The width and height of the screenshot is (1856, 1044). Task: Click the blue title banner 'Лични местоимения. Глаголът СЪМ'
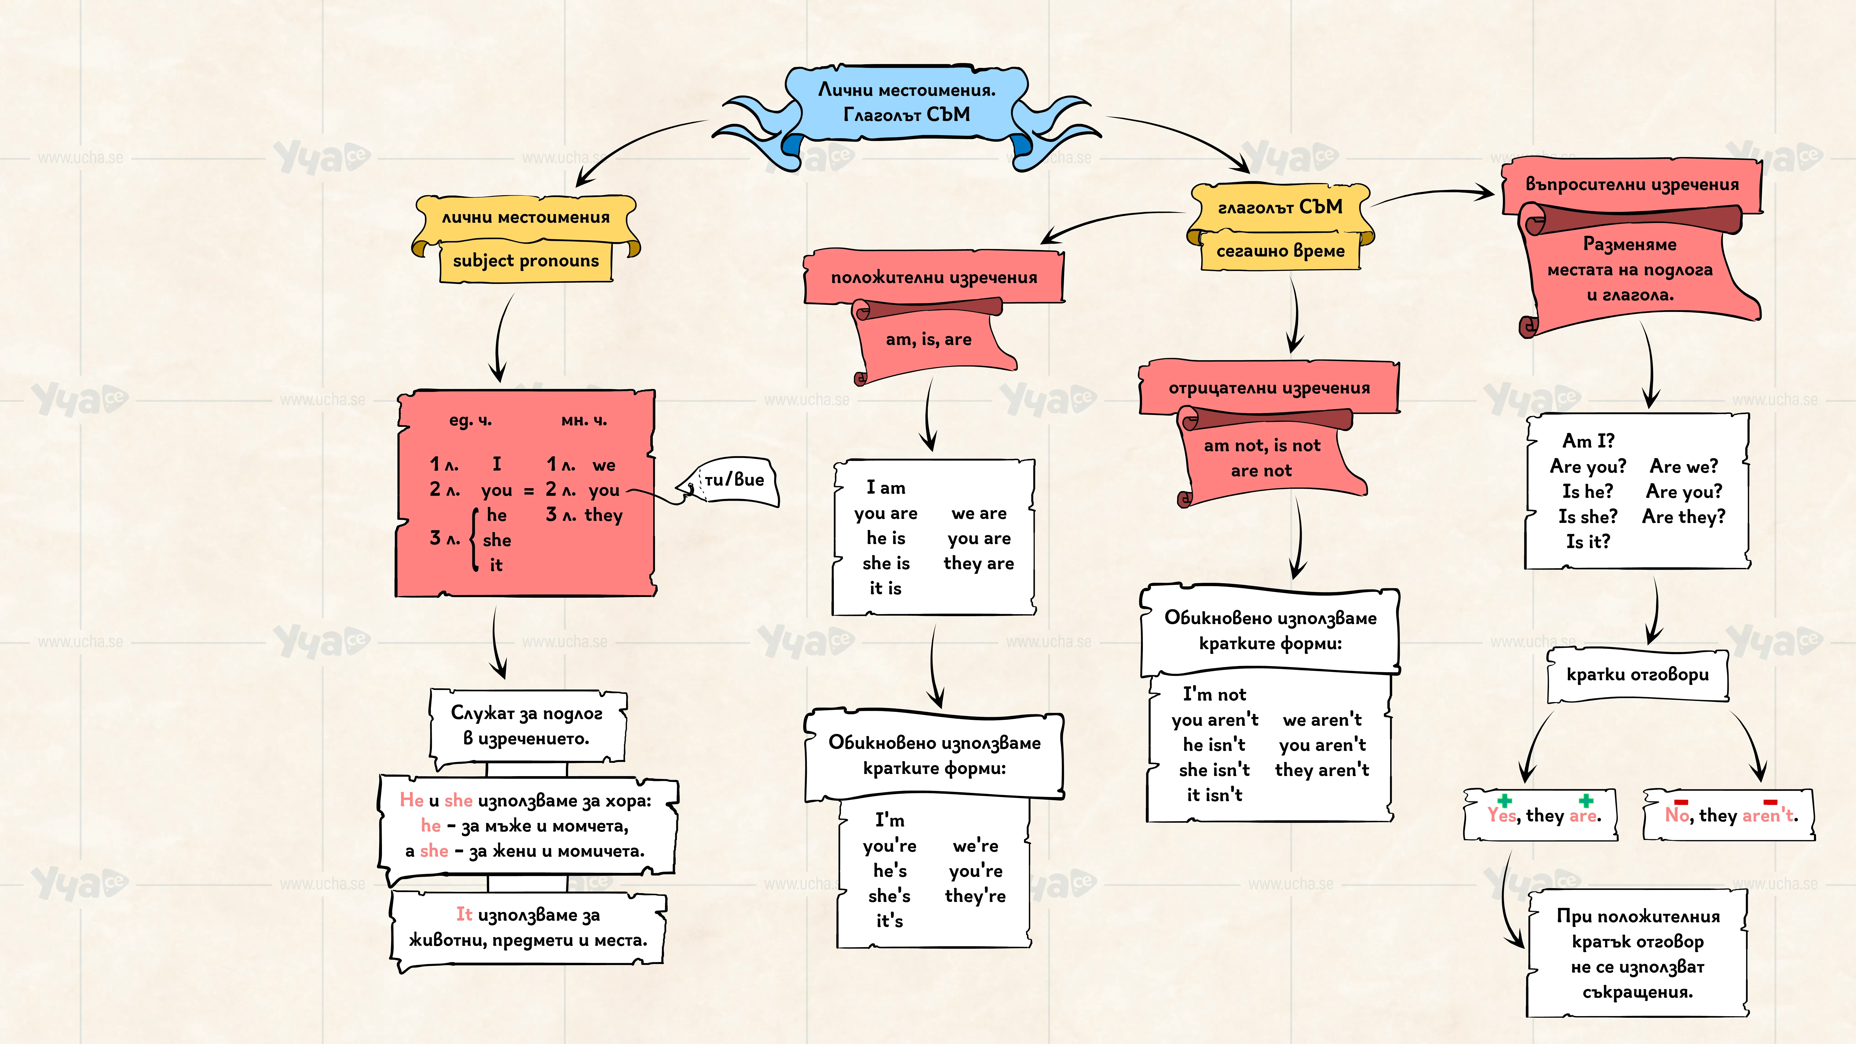click(x=906, y=102)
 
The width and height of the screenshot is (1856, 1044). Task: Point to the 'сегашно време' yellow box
click(x=1280, y=251)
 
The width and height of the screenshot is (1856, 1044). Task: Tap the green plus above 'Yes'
click(x=1504, y=800)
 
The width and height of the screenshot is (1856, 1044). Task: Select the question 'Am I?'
click(x=1588, y=440)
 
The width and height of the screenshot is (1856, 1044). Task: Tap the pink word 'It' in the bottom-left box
click(x=464, y=914)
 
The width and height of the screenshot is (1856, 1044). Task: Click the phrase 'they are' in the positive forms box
click(x=979, y=563)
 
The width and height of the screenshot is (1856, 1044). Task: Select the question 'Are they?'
click(x=1684, y=517)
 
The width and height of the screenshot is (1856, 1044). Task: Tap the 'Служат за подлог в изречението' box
click(x=527, y=726)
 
